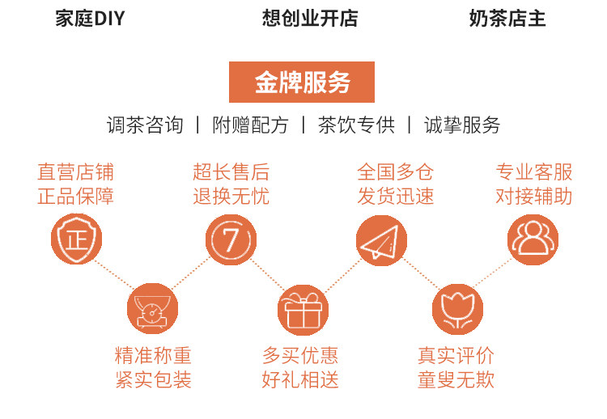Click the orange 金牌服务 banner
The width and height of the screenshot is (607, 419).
pos(302,82)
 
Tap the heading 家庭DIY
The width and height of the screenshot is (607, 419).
pos(90,19)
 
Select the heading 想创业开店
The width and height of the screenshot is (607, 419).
pos(310,19)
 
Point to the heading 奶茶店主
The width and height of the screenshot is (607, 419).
pos(507,19)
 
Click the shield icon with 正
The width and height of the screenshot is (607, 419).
pos(77,239)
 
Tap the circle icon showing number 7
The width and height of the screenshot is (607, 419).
pos(231,239)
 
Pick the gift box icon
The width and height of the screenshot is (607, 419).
pos(303,309)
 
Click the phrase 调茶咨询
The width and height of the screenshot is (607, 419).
pos(145,125)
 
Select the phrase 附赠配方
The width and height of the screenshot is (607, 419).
pos(250,125)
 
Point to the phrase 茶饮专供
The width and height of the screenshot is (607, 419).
pos(356,125)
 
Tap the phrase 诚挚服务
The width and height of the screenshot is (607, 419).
pos(462,125)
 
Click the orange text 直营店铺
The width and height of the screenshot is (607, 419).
pos(76,171)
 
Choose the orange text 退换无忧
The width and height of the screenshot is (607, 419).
pos(231,196)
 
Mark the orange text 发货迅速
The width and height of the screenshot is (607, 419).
pos(396,196)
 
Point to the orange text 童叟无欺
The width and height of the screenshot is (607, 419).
pos(456,380)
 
